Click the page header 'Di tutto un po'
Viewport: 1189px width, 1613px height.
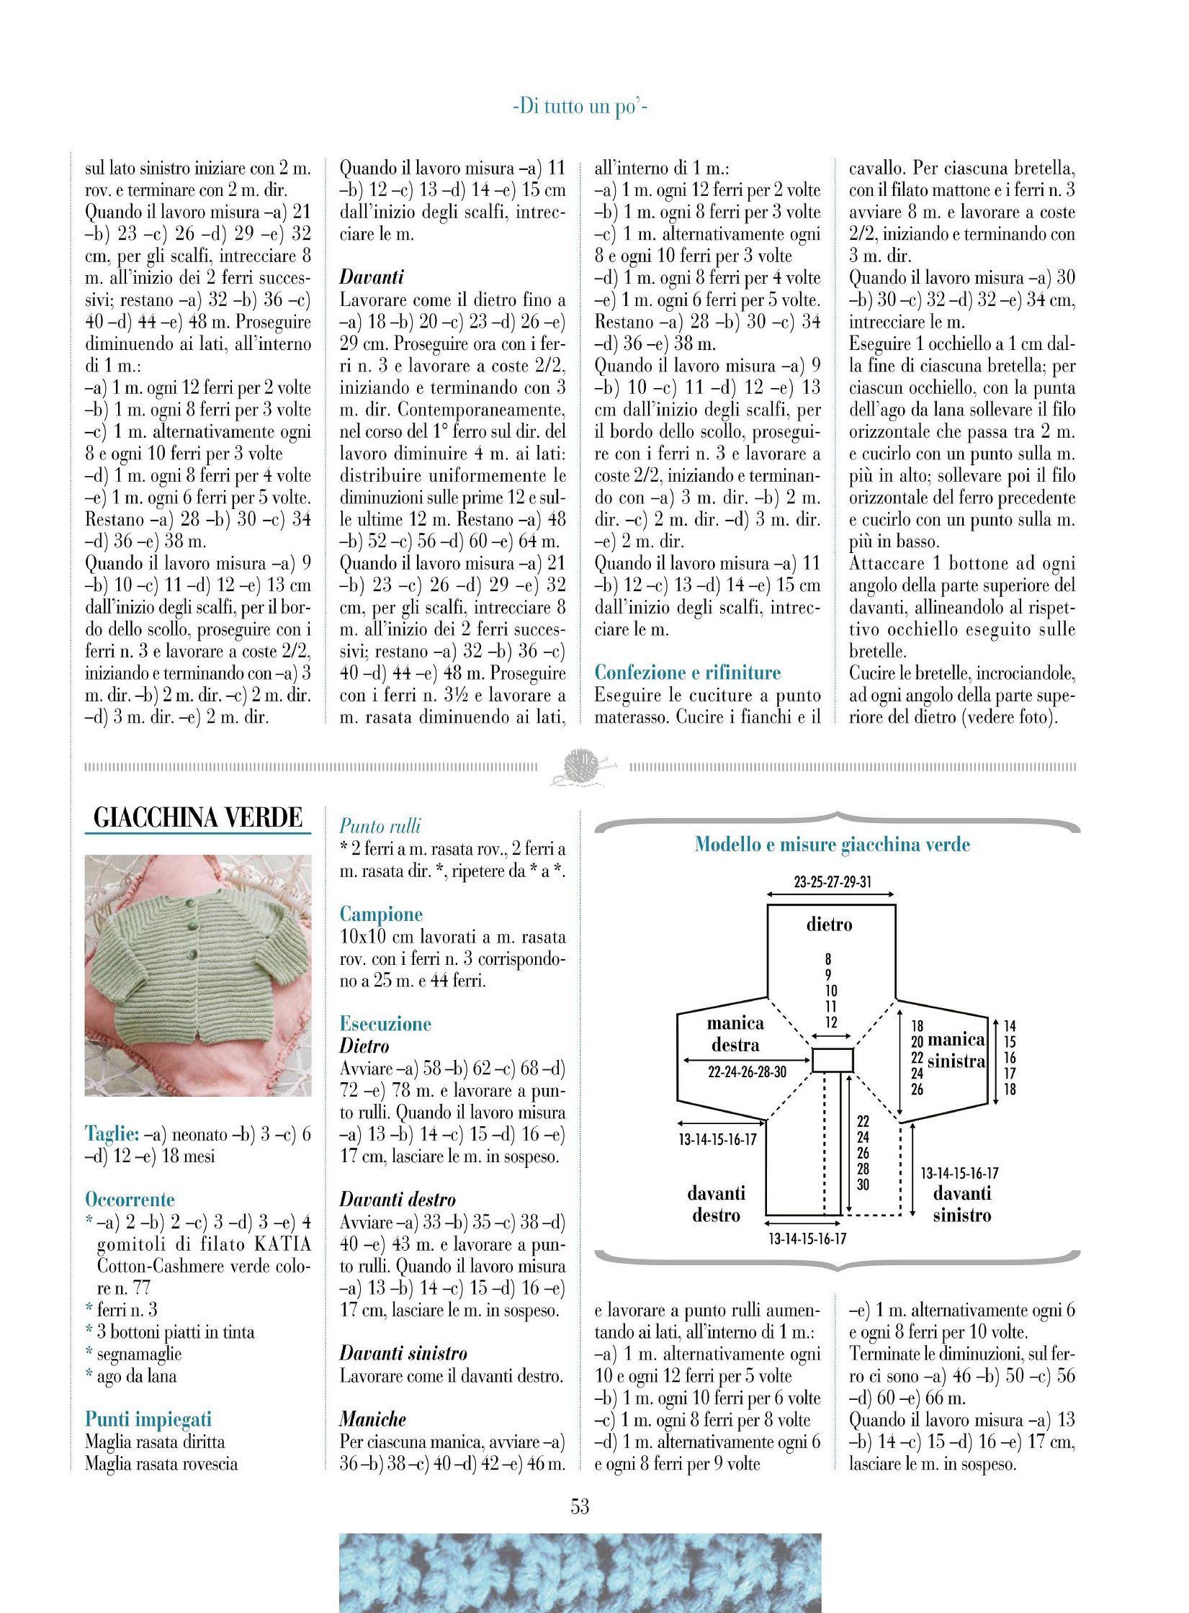click(580, 108)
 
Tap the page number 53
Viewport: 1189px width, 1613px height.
click(580, 1506)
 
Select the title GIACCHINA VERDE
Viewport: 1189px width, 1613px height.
click(198, 817)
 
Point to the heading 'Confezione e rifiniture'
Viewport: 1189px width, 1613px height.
click(687, 673)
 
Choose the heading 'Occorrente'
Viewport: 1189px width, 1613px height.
click(130, 1200)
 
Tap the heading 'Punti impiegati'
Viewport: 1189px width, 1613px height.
click(148, 1419)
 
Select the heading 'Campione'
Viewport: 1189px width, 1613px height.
click(381, 915)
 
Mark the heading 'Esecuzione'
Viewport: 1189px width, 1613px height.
click(385, 1024)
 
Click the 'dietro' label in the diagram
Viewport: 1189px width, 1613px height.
click(829, 924)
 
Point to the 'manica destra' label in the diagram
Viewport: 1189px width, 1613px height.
click(735, 1033)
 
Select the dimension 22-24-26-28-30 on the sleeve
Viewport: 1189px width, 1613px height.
click(747, 1072)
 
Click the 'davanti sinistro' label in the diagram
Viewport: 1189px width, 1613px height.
click(962, 1204)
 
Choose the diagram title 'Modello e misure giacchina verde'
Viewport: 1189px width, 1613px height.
click(833, 845)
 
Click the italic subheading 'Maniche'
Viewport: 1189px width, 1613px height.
click(372, 1419)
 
